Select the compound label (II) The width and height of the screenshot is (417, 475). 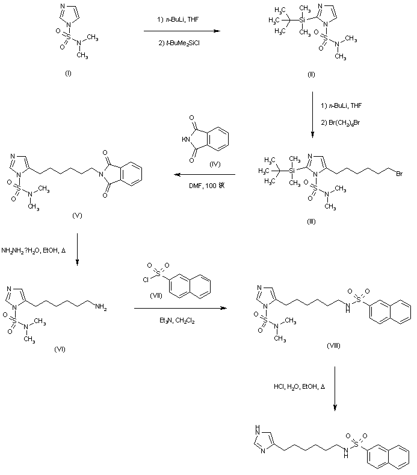click(x=311, y=74)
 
